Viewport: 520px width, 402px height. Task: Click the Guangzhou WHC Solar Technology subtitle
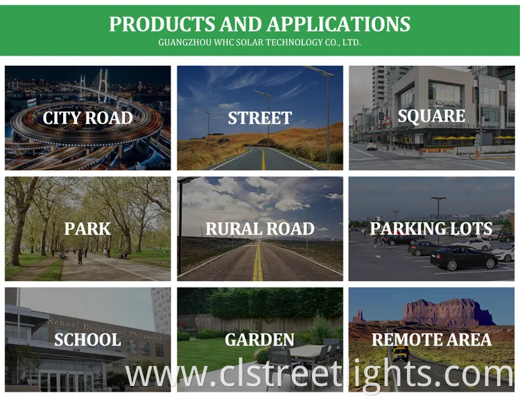(x=259, y=42)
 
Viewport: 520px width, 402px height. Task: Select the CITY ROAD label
(x=87, y=118)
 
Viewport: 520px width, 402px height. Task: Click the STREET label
(x=260, y=118)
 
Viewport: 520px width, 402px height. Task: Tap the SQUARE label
(x=431, y=116)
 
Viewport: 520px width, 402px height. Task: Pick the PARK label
(x=87, y=228)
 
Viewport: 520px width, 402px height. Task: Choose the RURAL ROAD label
(x=260, y=228)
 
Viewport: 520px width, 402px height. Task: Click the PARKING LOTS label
(x=431, y=228)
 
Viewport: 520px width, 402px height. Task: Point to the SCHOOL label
(x=87, y=340)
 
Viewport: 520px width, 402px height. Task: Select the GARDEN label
(x=260, y=340)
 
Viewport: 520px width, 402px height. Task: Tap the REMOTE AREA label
(x=431, y=340)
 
